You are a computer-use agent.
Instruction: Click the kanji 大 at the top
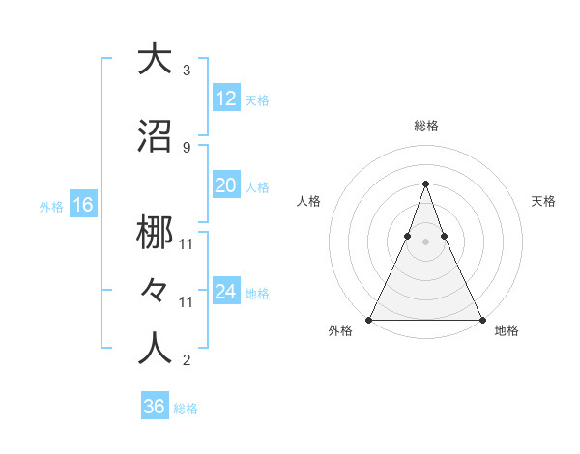pos(155,59)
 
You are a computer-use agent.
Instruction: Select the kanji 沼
pos(155,136)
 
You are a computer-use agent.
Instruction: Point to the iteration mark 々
pos(155,291)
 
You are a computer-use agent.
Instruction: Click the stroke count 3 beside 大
pos(187,71)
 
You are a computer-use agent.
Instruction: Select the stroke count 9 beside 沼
pos(187,147)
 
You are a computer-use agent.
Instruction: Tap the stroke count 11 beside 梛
pos(187,243)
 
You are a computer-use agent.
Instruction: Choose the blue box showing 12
pos(225,99)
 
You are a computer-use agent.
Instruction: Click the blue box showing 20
pos(225,185)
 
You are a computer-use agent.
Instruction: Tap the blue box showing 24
pos(225,292)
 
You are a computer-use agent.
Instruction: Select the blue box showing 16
pos(82,205)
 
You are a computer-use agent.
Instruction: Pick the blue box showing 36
pos(154,407)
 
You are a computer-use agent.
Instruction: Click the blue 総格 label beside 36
pos(186,409)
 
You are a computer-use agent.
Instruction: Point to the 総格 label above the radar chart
pos(425,126)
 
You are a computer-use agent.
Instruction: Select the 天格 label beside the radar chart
pos(544,201)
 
